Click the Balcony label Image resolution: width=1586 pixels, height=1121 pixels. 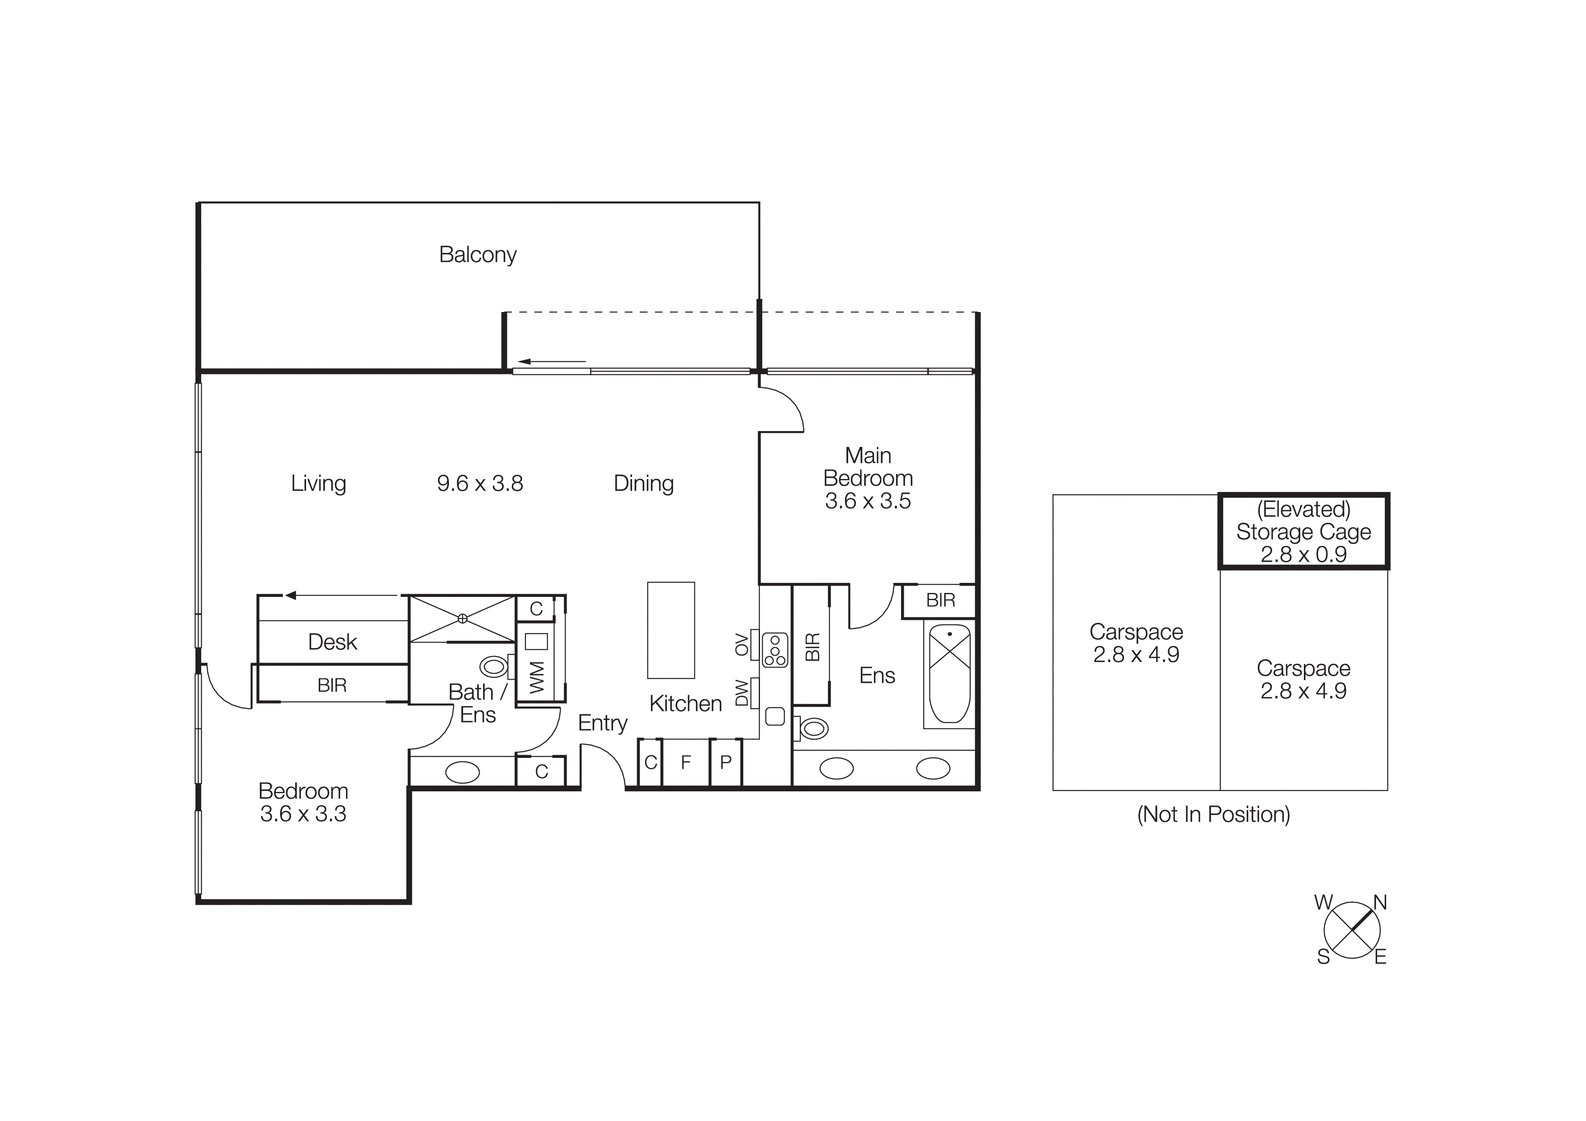(x=477, y=255)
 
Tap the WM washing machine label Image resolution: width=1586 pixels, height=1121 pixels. (x=537, y=677)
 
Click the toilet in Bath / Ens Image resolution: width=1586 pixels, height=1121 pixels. (x=493, y=667)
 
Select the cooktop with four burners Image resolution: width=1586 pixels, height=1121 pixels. (x=775, y=650)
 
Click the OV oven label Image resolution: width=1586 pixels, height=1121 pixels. (x=741, y=644)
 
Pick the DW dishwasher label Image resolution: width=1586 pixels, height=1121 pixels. (x=741, y=693)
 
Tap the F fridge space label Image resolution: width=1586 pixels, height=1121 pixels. (x=685, y=762)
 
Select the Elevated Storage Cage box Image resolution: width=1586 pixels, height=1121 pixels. (x=1303, y=531)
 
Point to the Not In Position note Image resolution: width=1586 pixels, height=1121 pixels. (x=1213, y=814)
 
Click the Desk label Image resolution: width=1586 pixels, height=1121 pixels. (x=332, y=642)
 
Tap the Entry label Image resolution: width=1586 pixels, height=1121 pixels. (x=602, y=723)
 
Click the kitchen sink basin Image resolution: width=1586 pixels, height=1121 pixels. (x=775, y=716)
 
